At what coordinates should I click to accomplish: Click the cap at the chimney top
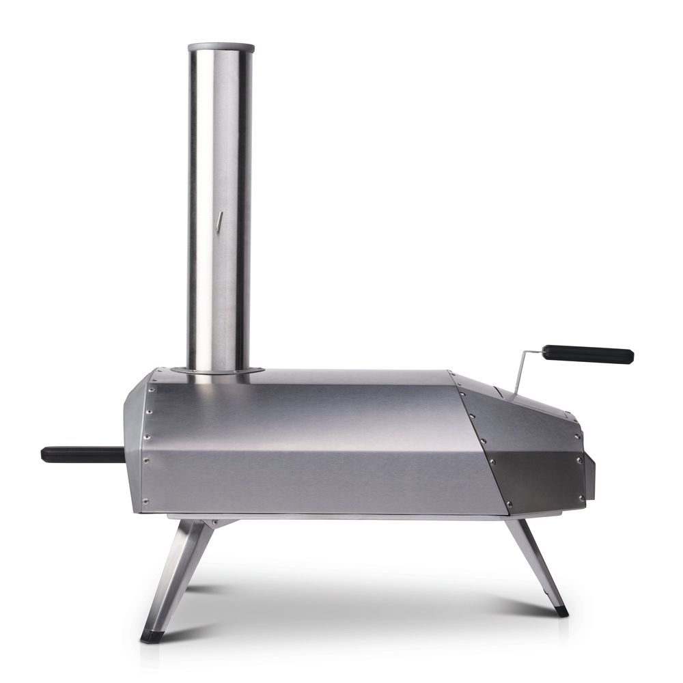221,48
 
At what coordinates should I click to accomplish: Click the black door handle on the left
81,454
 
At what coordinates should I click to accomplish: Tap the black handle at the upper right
587,354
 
